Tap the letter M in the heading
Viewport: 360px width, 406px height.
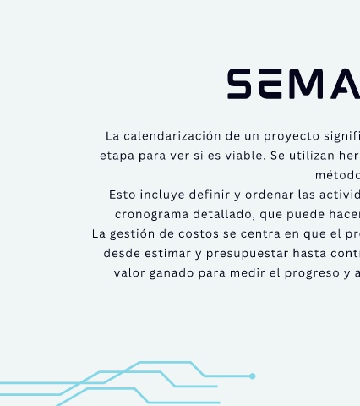coord(305,84)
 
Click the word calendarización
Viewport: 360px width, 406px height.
coord(172,136)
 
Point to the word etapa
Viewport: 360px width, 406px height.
coord(117,156)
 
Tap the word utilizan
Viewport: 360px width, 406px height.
coord(312,156)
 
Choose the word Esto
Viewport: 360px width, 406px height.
coord(123,195)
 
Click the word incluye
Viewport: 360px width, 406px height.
coord(162,195)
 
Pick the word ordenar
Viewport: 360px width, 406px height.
coord(270,195)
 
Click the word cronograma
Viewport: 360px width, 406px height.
coord(152,215)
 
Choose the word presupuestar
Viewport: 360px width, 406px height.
coord(248,254)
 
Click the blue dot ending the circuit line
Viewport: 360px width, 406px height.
coord(253,376)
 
